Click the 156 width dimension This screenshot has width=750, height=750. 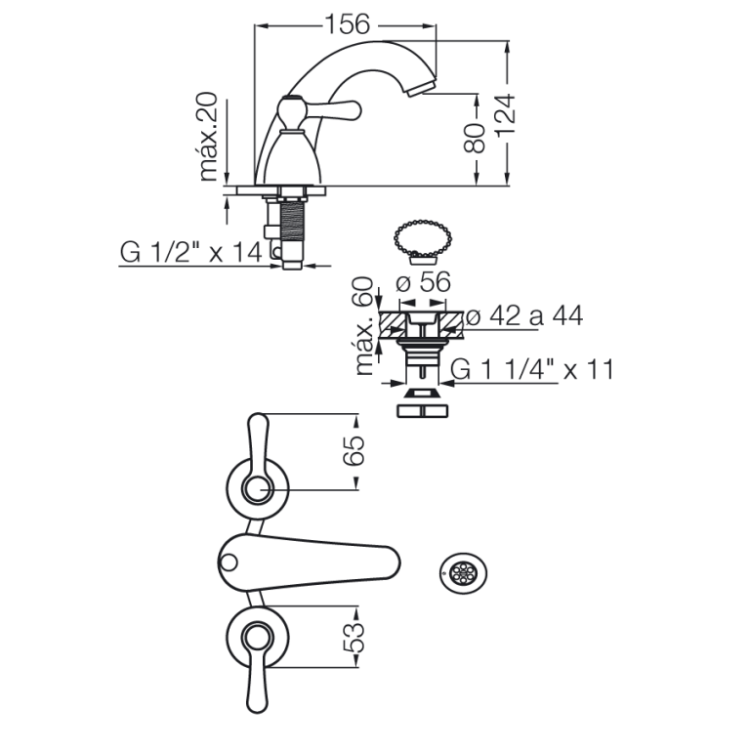point(348,23)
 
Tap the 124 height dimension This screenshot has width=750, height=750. point(506,116)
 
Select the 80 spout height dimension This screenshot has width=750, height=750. point(475,139)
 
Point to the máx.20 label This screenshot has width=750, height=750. point(208,138)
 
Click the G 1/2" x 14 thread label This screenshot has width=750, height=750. point(190,252)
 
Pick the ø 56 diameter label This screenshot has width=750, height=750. point(423,281)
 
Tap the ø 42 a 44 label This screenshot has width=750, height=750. point(524,315)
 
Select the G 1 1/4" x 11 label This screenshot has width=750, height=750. point(532,370)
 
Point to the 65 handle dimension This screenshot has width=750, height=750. point(354,450)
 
